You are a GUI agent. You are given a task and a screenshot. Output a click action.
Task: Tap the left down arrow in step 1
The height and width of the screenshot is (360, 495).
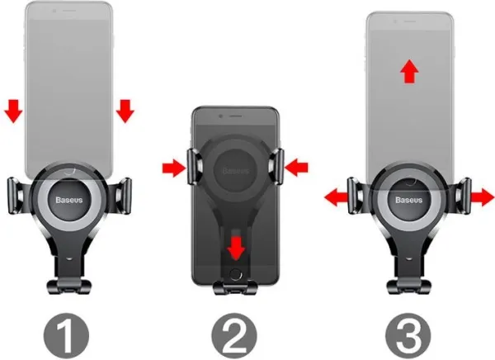13,111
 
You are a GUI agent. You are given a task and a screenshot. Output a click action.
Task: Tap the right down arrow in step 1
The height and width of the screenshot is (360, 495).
125,111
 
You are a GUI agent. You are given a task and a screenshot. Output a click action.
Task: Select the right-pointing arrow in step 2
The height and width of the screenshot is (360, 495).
174,168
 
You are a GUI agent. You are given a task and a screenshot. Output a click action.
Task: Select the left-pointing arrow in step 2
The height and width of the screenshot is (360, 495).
296,168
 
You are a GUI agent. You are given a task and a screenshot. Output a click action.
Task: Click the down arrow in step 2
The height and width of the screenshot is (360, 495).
236,248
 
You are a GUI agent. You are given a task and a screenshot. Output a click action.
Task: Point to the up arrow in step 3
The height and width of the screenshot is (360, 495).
409,71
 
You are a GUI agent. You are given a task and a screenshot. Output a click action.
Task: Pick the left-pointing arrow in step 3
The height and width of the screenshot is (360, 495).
337,198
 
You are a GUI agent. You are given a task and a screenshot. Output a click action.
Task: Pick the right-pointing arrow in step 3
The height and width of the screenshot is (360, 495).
483,198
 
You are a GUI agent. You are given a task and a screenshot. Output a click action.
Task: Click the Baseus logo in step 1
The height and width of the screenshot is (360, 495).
69,200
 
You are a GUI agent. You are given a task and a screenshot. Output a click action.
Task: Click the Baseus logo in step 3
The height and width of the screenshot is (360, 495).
409,200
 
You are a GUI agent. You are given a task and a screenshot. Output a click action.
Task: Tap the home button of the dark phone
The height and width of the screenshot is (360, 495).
235,274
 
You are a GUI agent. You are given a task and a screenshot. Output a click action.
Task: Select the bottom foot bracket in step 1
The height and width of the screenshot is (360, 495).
69,287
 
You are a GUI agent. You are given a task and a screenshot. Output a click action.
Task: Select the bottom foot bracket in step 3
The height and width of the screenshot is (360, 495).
409,287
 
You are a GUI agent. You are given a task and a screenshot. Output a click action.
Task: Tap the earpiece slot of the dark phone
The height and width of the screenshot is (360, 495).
235,116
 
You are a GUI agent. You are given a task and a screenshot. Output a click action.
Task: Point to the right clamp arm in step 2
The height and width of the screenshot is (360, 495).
276,166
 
